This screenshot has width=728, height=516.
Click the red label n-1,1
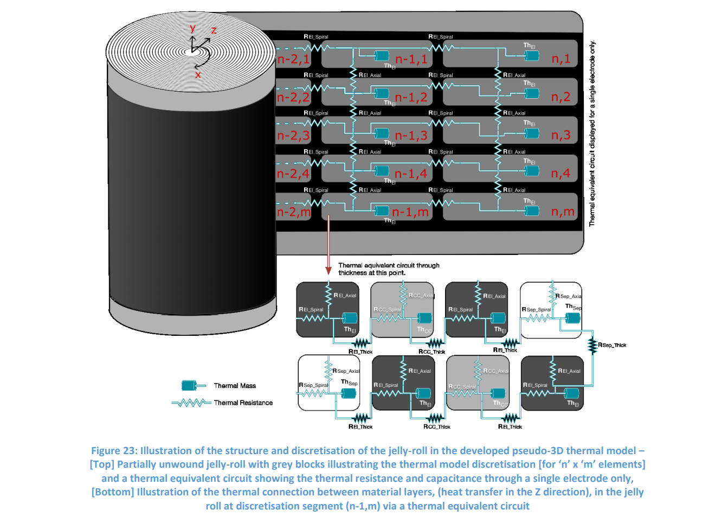point(411,59)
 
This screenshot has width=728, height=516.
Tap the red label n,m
point(563,212)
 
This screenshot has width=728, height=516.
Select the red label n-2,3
point(293,135)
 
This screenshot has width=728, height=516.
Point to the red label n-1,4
point(411,174)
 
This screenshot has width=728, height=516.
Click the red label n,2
point(561,97)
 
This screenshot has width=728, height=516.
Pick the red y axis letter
point(192,29)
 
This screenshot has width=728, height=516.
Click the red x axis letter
point(198,74)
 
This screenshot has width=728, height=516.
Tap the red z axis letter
point(214,30)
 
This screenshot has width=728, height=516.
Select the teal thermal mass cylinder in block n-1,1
point(382,55)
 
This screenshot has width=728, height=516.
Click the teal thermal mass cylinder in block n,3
point(531,132)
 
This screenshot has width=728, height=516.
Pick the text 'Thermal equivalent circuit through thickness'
point(388,269)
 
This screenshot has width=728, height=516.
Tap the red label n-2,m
point(294,212)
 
